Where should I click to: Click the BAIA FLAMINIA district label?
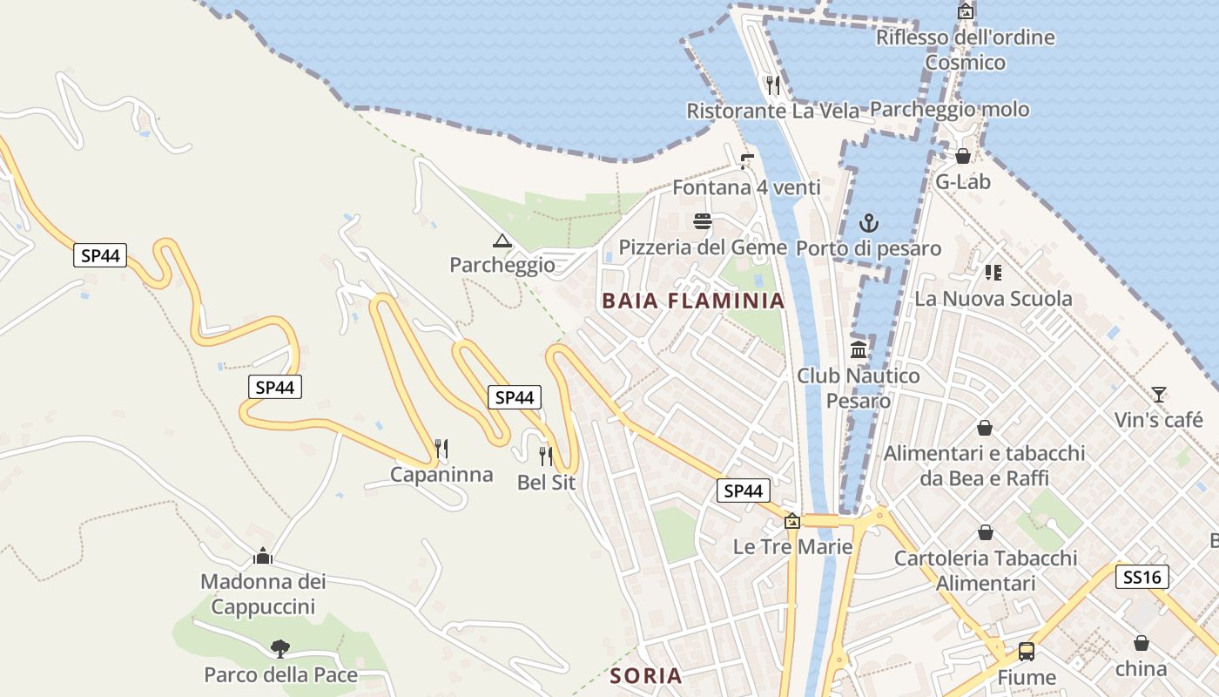tap(693, 301)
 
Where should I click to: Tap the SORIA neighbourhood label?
tap(645, 675)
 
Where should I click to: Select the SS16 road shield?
tap(1142, 577)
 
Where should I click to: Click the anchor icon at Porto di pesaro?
tap(868, 223)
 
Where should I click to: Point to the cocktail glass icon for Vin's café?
tap(1158, 395)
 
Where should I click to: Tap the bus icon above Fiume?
tap(1027, 652)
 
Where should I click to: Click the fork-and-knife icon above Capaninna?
tap(441, 449)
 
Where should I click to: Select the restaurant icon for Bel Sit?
tap(546, 456)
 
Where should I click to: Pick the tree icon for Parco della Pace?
tap(279, 648)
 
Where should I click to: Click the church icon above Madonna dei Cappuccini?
tap(262, 556)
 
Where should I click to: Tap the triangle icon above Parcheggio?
tap(502, 240)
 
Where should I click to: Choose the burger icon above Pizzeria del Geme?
tap(703, 221)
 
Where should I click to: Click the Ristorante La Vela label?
tap(772, 111)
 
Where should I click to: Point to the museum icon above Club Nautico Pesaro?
tap(859, 350)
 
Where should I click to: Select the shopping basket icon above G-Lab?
tap(963, 156)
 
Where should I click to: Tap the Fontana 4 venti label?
tap(746, 187)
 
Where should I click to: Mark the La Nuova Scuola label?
tap(993, 299)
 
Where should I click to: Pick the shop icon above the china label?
tap(1141, 643)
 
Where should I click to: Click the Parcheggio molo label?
tap(949, 110)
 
